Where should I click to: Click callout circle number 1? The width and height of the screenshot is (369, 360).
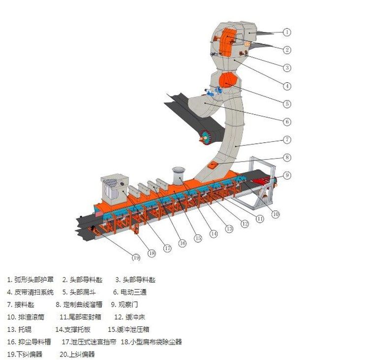coord(287,32)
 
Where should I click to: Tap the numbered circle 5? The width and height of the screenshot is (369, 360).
coord(287,104)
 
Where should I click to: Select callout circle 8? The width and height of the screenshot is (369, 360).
coord(287,158)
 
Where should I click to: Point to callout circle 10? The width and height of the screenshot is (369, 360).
coord(275,214)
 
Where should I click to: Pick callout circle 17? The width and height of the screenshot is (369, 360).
coord(167,248)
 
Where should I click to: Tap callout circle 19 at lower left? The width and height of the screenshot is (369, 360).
coord(136,257)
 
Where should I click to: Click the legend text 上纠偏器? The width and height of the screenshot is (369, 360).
coord(84,354)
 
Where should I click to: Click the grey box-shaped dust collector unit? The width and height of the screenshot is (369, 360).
coord(114,190)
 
